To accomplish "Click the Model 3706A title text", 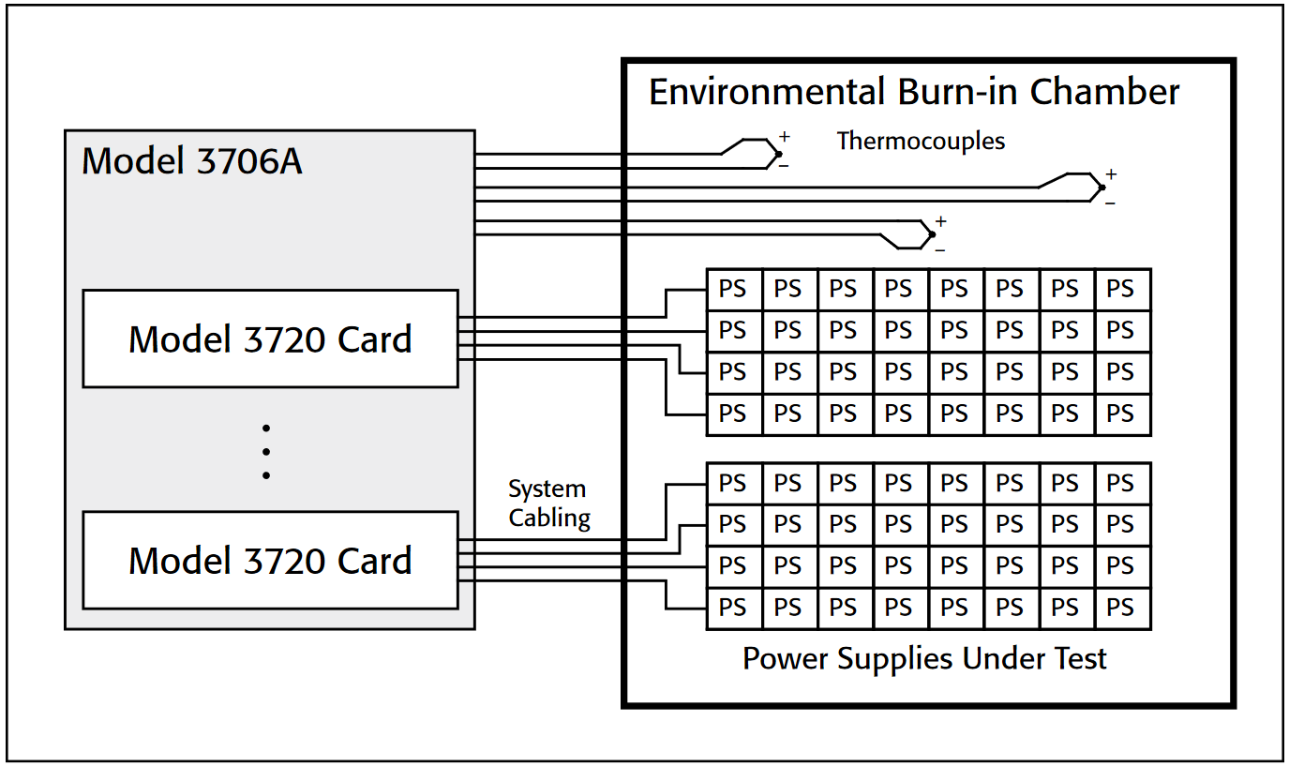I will pos(192,161).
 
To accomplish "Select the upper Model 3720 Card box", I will pos(270,338).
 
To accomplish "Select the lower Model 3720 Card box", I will pos(270,560).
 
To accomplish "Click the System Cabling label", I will pos(549,504).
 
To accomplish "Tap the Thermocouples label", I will pos(921,142).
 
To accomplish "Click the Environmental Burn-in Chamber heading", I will pos(914,92).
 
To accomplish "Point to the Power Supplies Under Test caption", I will pos(924,658).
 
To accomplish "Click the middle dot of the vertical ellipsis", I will pos(266,452).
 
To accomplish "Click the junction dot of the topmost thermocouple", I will pos(778,154).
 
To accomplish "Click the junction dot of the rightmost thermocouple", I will pos(1102,188).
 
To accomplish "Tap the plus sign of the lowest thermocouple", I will pos(940,222).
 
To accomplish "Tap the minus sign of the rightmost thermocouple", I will pos(1110,203).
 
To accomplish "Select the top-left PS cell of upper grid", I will pos(734,290).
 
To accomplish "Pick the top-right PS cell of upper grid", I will pos(1122,290).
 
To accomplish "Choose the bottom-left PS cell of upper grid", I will pos(734,414).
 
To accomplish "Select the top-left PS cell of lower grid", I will pos(734,484).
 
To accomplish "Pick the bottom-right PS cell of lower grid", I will pos(1122,608).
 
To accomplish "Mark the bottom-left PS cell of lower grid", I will pos(734,608).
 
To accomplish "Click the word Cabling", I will pos(549,518).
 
